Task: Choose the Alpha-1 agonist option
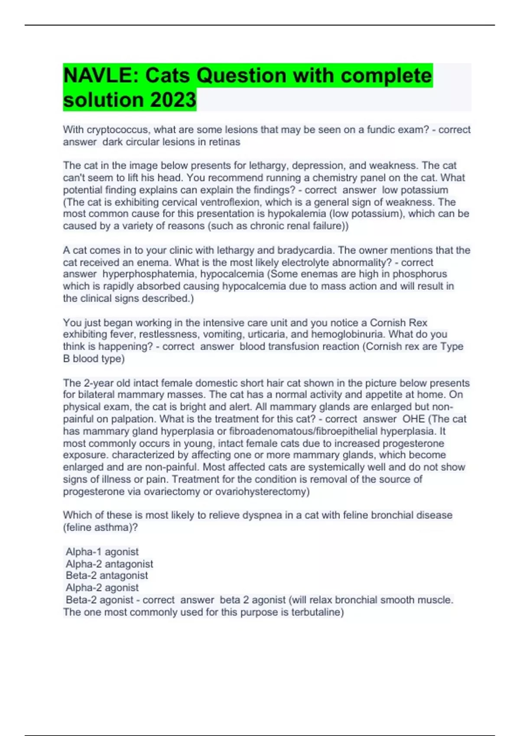(102, 552)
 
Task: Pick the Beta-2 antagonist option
(107, 575)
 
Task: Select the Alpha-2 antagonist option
(109, 564)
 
